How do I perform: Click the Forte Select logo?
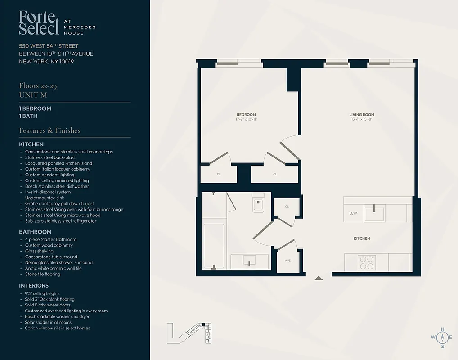tap(39, 23)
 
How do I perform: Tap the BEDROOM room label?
tap(246, 114)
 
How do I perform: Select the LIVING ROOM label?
tap(362, 114)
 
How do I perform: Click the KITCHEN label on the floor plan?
tap(362, 238)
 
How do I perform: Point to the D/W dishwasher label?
tap(353, 213)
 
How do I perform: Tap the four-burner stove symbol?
tap(367, 262)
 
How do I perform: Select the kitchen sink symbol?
tap(374, 213)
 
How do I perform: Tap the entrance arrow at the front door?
tap(319, 278)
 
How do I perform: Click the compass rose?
tap(442, 337)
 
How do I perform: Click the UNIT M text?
tap(33, 95)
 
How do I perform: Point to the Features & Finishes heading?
tap(49, 130)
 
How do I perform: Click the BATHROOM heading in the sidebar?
tap(35, 232)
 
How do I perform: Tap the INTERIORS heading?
tap(34, 285)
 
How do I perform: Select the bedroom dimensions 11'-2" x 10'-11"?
tap(246, 119)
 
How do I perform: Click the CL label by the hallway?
tap(287, 207)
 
